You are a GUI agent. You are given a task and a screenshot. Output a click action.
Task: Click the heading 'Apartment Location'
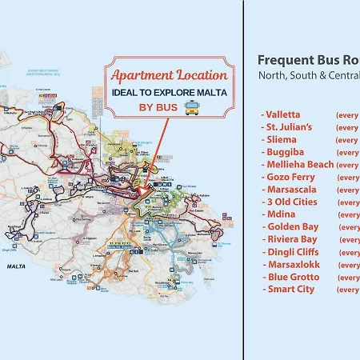click(169, 75)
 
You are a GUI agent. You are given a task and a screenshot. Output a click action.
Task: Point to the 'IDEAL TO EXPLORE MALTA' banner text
click(169, 93)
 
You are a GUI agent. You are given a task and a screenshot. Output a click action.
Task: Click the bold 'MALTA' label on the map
click(17, 265)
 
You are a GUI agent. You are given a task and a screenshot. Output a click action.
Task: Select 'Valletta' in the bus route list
click(282, 114)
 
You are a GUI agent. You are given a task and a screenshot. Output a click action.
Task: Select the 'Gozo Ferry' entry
click(288, 177)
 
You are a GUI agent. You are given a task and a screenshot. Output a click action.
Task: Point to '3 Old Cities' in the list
click(290, 202)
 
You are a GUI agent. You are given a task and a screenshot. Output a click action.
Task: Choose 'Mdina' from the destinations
click(279, 214)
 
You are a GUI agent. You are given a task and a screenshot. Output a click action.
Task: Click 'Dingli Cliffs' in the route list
click(290, 252)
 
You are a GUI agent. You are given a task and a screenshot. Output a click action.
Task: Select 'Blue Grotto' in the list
click(288, 277)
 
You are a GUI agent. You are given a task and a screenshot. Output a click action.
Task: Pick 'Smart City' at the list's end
click(287, 289)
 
